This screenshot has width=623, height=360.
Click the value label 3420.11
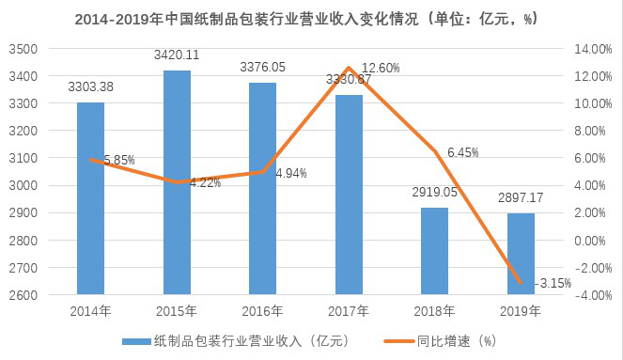point(177,56)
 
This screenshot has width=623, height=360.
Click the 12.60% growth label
point(381,68)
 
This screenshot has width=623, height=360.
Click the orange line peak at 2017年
point(349,68)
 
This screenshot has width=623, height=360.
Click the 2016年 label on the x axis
point(262,311)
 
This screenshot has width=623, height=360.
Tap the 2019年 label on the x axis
point(520,311)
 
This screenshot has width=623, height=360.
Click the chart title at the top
point(310,17)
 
